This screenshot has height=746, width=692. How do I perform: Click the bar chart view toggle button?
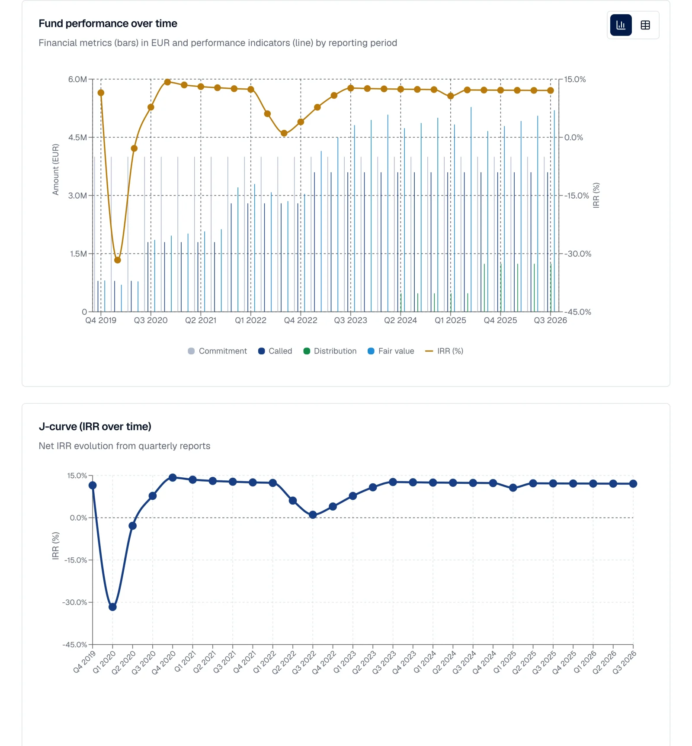621,25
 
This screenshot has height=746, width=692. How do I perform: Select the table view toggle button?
645,25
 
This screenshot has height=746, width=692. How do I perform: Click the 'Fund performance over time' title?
108,23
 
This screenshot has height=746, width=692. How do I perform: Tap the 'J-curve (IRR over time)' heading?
95,427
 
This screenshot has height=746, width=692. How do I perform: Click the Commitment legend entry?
218,351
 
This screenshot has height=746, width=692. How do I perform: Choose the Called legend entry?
275,351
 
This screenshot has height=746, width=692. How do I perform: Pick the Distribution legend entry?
330,351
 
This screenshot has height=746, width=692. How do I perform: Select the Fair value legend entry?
391,351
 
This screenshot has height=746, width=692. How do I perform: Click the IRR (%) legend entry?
444,351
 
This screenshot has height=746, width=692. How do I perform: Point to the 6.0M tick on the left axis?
77,79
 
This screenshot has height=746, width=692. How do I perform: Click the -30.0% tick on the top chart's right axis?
578,254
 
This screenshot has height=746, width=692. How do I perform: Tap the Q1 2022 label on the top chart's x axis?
251,320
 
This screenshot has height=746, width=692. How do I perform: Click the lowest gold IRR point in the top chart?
118,260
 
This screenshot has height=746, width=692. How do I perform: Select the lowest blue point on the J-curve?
112,607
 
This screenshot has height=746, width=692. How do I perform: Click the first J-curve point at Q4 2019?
93,486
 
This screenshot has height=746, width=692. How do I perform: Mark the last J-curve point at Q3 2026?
633,484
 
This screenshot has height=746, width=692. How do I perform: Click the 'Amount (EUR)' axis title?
55,170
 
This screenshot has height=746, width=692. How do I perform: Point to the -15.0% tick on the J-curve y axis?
76,560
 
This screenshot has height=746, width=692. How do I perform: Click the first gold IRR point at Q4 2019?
101,93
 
